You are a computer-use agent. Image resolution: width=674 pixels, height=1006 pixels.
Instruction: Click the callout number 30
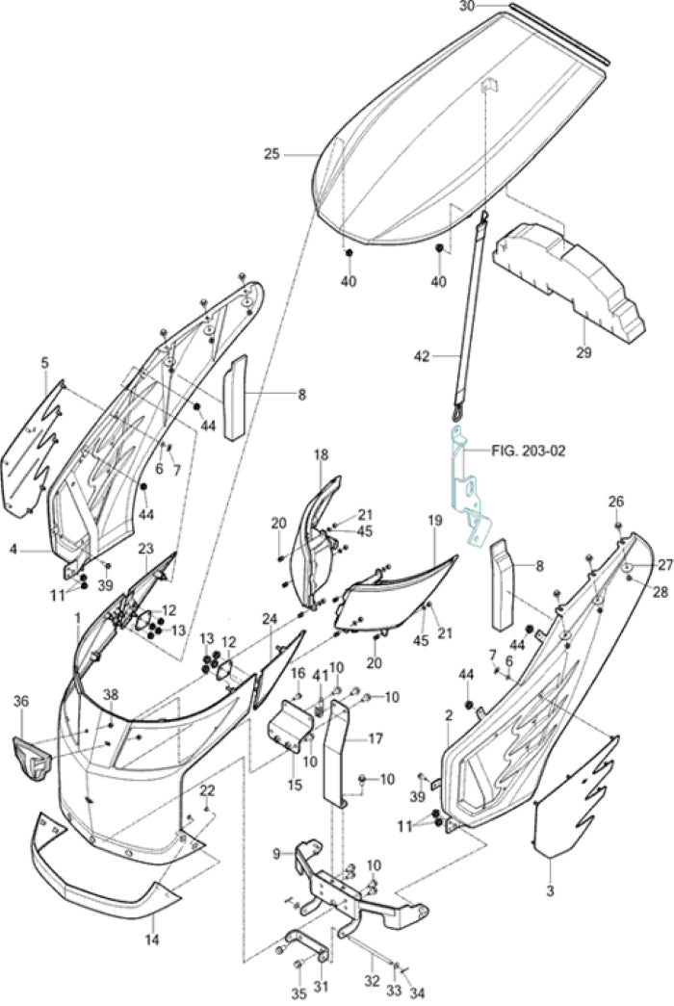point(466,6)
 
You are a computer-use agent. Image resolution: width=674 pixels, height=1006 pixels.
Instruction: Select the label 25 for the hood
point(272,153)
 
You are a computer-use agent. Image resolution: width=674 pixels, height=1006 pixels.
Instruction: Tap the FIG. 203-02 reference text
point(531,450)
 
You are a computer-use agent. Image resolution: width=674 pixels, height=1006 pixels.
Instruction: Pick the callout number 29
point(583,353)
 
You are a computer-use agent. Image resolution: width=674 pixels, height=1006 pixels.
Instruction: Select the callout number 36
point(21,702)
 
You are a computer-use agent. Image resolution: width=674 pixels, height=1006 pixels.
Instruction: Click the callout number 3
point(550,892)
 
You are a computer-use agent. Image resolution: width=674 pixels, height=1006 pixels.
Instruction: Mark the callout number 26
point(616,501)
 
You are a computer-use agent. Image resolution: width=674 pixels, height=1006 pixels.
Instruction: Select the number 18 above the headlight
point(321,453)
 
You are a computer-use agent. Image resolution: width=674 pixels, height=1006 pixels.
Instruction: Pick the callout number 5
point(44,362)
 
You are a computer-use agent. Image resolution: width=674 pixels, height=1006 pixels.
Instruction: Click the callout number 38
point(111,695)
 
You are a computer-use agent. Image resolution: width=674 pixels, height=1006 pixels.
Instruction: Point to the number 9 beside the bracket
point(277,853)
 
